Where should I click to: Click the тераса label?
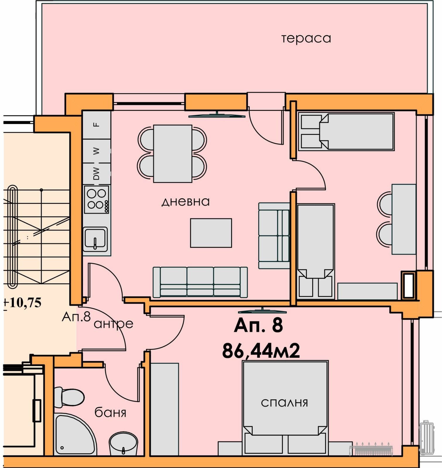click(x=306, y=39)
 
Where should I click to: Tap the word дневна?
click(x=185, y=202)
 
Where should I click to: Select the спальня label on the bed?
click(x=284, y=403)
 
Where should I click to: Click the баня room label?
click(x=110, y=412)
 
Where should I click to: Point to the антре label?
click(x=114, y=324)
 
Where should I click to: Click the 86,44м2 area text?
click(x=261, y=351)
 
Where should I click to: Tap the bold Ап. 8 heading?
click(x=258, y=325)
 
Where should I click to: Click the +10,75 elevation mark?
click(x=23, y=303)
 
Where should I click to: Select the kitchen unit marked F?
click(x=96, y=125)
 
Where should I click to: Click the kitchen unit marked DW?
click(x=96, y=174)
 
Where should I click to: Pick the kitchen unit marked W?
click(x=96, y=151)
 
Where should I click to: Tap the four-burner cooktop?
click(x=96, y=199)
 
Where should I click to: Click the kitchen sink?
click(x=95, y=239)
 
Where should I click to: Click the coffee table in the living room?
click(x=211, y=233)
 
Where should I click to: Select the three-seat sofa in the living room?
click(x=200, y=282)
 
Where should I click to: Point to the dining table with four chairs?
click(x=173, y=154)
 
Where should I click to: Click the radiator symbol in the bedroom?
click(x=371, y=450)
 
